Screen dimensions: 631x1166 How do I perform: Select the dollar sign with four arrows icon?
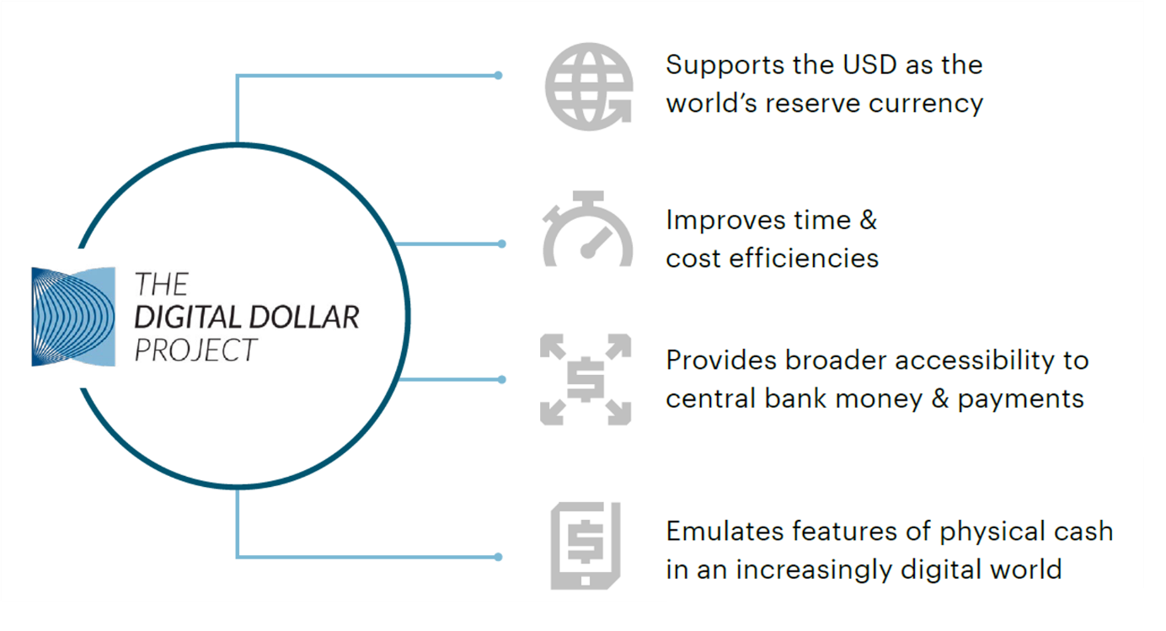click(586, 379)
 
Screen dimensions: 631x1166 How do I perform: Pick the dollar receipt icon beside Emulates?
click(586, 545)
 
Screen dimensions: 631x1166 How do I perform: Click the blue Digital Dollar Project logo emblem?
click(73, 317)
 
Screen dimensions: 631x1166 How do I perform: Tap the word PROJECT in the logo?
click(195, 349)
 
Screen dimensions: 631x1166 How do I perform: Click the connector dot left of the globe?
click(499, 75)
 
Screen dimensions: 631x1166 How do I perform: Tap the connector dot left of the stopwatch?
click(502, 244)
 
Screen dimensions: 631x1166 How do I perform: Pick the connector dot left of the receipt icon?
click(499, 557)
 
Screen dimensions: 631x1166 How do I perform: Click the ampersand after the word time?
click(868, 221)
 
